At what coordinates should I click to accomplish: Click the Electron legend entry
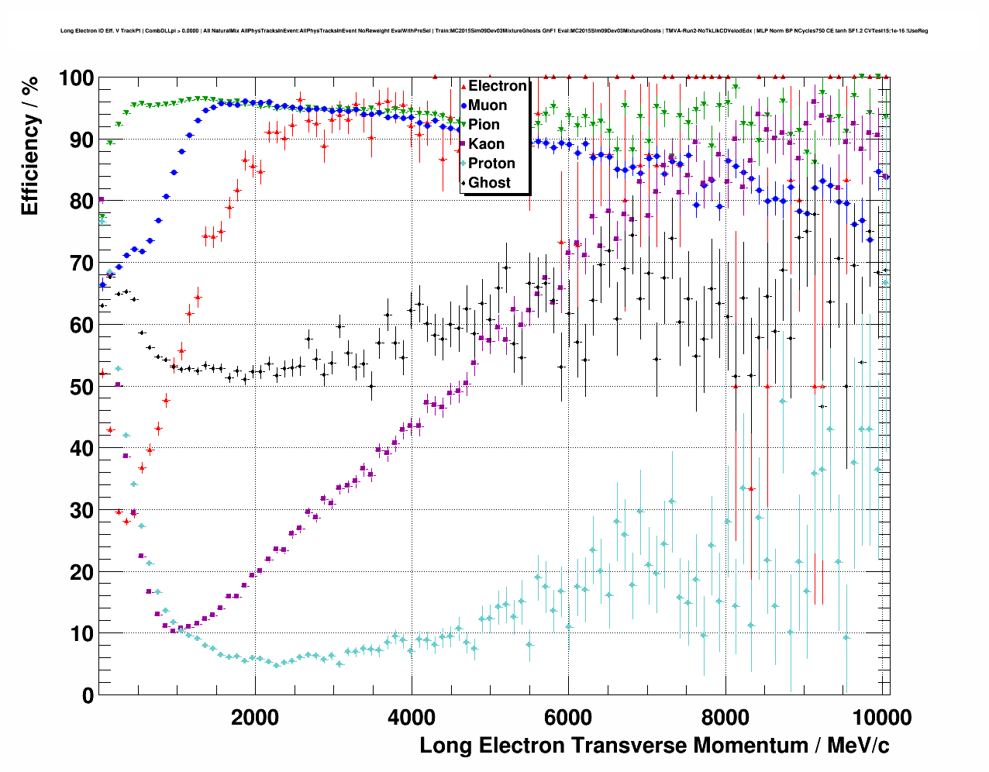click(497, 86)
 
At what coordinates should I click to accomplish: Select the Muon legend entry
click(487, 105)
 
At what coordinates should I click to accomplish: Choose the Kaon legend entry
click(485, 144)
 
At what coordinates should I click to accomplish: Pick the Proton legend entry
click(491, 164)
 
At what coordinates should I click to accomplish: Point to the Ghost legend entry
click(488, 183)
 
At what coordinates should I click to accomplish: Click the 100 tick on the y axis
click(76, 78)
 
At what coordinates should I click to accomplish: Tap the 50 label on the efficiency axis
click(81, 387)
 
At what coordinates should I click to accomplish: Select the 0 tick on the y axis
click(88, 695)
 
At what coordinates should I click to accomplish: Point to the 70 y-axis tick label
click(81, 264)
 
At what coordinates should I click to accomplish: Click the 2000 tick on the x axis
click(255, 717)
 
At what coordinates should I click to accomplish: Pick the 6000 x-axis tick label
click(568, 717)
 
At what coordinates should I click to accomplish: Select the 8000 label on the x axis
click(725, 717)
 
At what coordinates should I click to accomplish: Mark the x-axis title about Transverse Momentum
click(654, 746)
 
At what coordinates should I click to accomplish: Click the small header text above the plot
click(494, 31)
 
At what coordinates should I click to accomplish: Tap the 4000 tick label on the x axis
click(412, 717)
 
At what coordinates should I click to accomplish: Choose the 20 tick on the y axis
click(81, 572)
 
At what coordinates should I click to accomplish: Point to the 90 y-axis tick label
click(81, 140)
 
